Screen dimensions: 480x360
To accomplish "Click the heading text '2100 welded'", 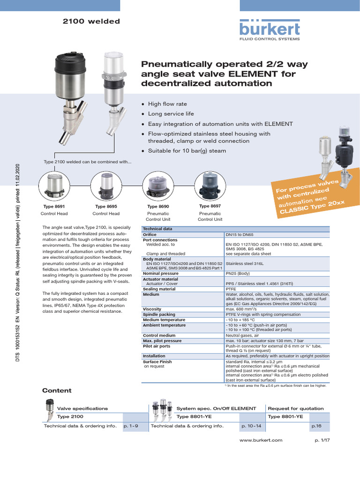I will coord(91,21).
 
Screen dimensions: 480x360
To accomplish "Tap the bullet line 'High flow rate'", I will coord(167,104).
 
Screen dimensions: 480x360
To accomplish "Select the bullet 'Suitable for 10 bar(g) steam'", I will coord(187,151).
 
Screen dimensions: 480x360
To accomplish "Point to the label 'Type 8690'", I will coord(158,207).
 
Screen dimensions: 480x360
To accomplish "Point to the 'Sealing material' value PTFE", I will coord(232,289).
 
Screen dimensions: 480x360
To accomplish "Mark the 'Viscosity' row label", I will coord(152,309).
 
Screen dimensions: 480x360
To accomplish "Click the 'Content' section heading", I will coord(57,390).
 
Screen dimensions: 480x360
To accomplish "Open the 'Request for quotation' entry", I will coord(295,408).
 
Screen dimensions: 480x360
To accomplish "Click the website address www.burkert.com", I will coord(261,440).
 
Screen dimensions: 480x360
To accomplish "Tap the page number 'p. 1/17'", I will coord(323,440).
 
